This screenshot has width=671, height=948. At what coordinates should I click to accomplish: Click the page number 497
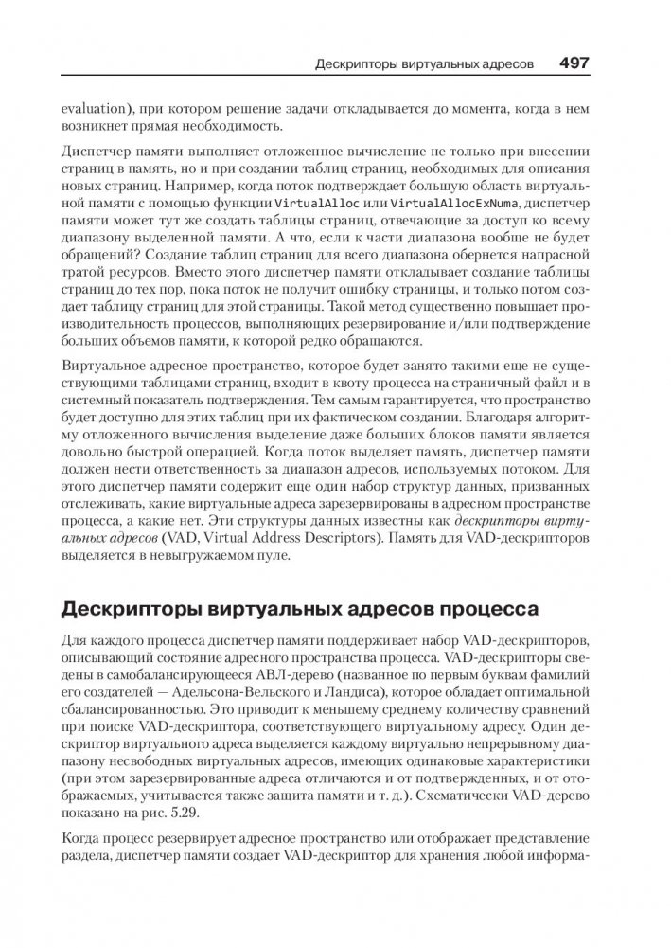point(574,63)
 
